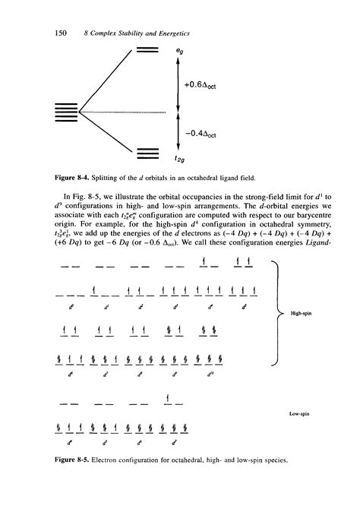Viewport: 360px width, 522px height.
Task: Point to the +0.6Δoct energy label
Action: (x=201, y=84)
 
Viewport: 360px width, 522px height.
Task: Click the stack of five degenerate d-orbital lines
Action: (x=68, y=112)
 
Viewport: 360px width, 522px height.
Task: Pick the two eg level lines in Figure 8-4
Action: (x=147, y=51)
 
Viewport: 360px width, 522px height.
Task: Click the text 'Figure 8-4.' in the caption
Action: (x=72, y=179)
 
